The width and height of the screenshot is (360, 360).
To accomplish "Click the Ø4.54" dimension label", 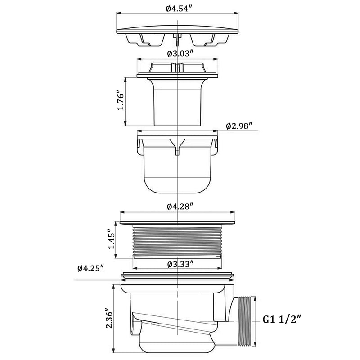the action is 179,9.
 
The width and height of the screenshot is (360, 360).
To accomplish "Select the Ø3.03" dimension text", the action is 179,54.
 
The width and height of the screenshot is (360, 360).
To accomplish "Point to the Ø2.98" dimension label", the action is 239,126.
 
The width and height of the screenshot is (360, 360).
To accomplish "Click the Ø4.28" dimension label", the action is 179,207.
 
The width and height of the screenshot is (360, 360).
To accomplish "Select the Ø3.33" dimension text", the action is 180,264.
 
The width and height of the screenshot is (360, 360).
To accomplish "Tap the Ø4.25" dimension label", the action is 91,268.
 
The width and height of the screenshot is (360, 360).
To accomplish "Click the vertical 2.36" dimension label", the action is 109,318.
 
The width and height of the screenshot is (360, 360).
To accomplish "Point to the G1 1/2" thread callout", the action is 282,319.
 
